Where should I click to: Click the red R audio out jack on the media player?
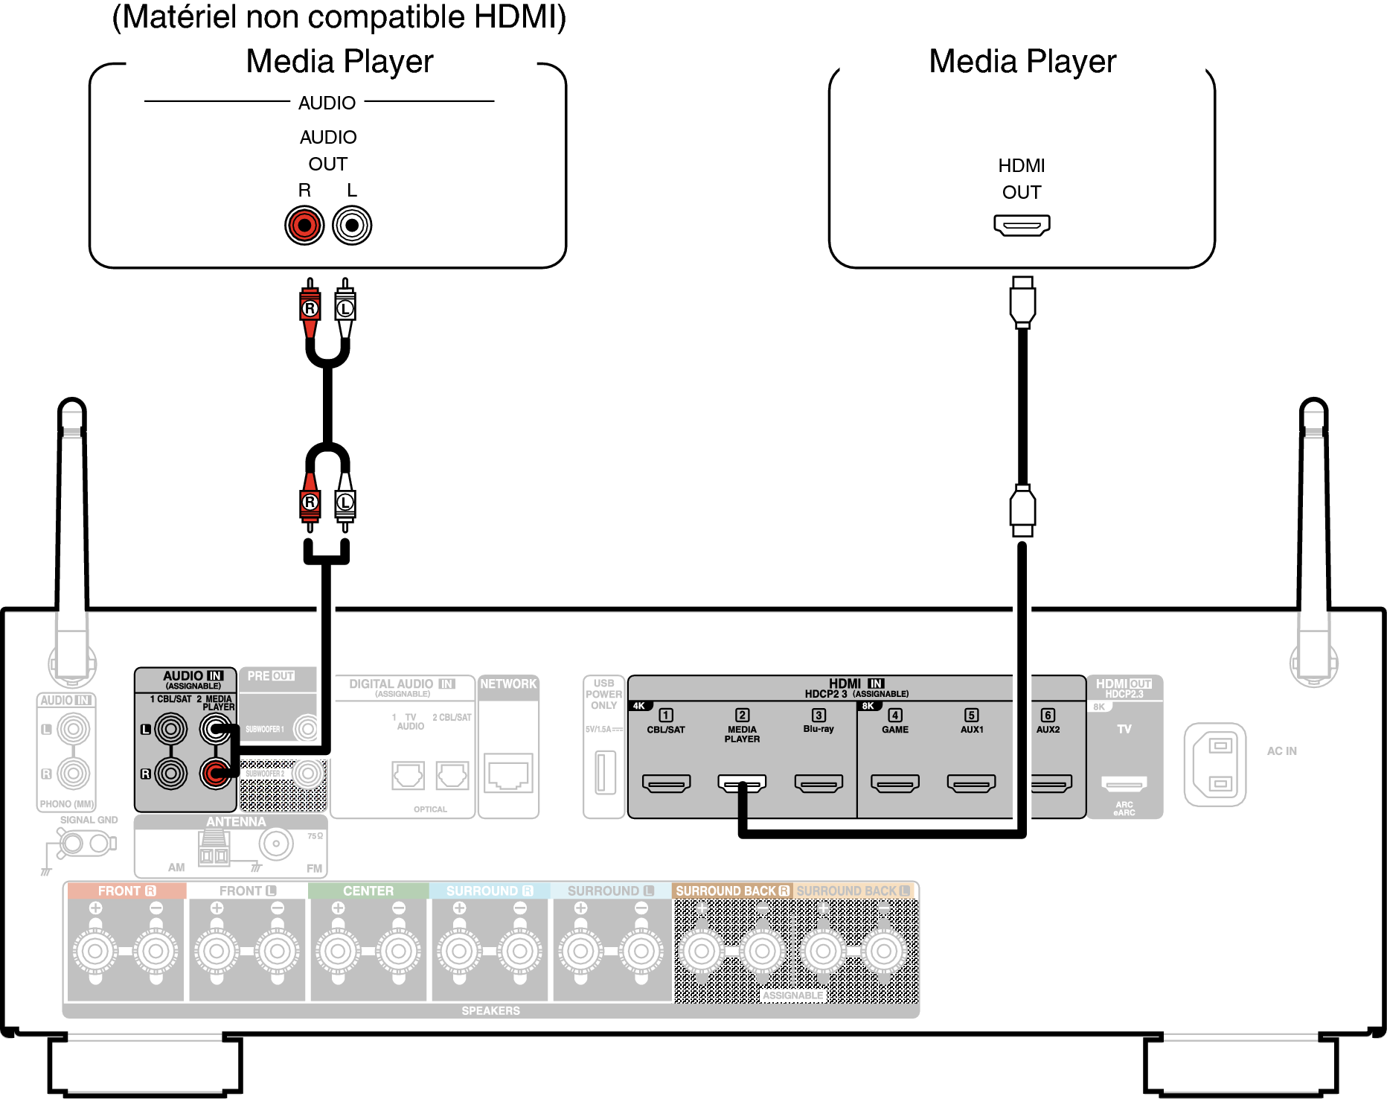304,225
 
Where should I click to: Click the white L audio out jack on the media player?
352,225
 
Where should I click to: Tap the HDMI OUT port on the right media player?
1022,224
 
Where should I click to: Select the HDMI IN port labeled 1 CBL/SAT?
666,783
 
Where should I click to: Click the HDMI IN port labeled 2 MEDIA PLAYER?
742,783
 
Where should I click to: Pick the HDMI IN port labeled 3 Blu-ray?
819,783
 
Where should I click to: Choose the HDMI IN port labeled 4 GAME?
895,783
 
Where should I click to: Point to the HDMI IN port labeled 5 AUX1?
972,783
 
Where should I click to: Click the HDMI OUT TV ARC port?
1124,783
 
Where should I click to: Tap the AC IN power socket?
1215,764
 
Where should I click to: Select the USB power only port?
605,772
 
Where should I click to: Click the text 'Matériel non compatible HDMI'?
339,16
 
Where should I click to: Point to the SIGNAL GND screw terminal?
72,844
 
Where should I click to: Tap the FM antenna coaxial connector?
276,844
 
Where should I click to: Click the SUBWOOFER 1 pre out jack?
307,728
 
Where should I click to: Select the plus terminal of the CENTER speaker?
338,951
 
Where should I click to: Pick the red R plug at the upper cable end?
310,307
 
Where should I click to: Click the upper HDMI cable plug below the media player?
1022,302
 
